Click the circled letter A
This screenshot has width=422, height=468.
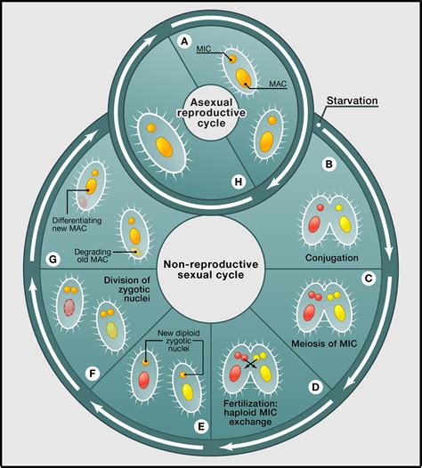pos(184,40)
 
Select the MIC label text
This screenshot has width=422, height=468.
pos(204,51)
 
